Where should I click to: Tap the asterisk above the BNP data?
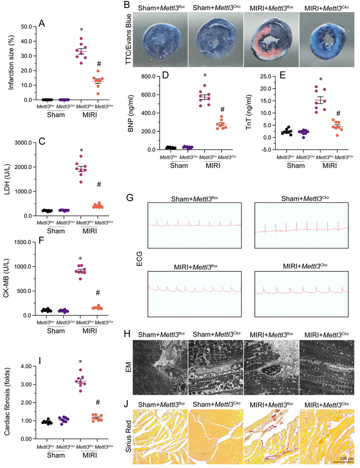(205, 76)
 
